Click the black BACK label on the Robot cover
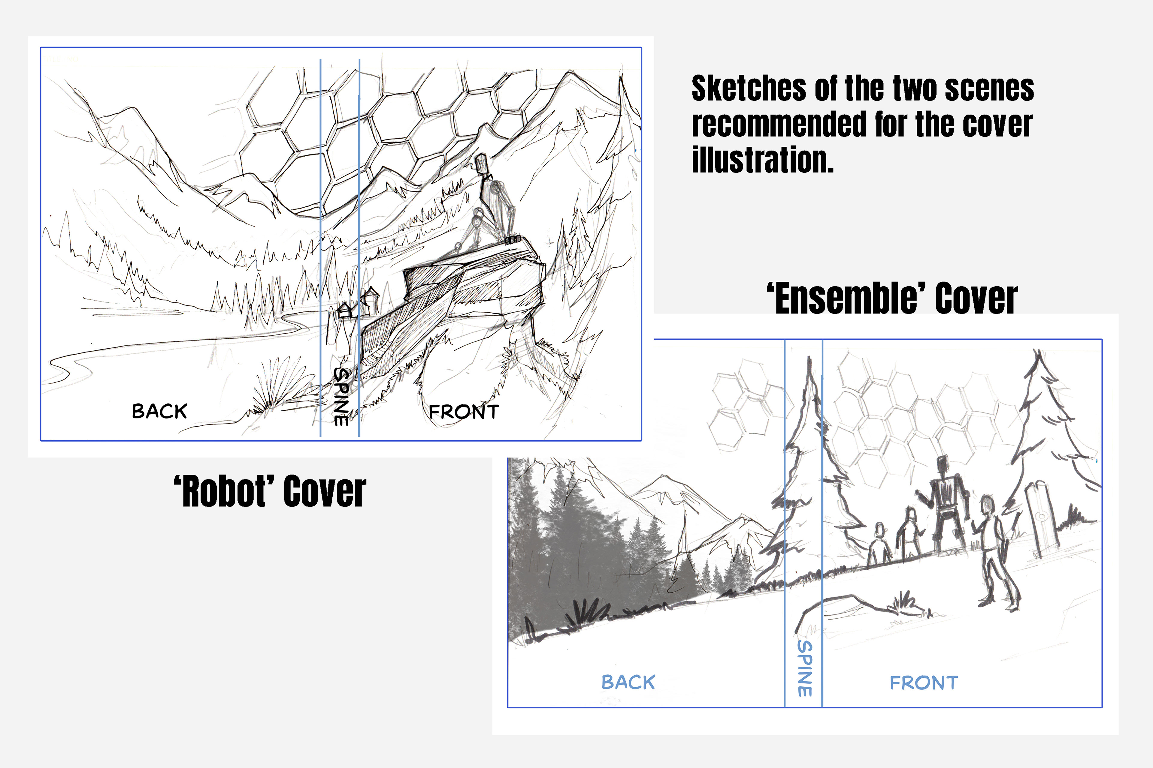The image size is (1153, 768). click(159, 411)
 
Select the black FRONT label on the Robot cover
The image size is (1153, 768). click(464, 412)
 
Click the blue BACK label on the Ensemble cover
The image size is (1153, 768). click(628, 682)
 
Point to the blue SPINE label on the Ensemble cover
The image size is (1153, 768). click(804, 668)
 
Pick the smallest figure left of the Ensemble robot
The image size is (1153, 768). click(879, 543)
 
